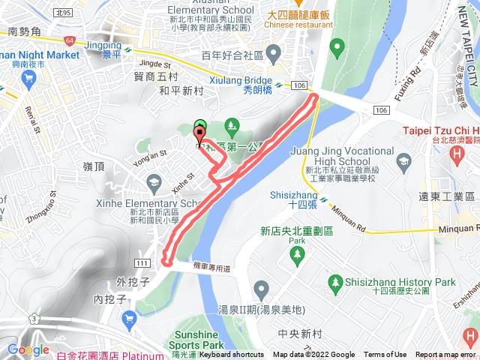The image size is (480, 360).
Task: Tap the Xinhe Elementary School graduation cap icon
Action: [154, 181]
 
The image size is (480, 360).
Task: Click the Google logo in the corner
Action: [28, 349]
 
